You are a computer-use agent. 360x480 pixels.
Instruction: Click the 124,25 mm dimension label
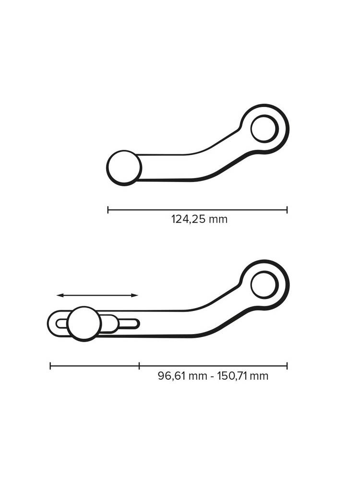pyautogui.click(x=199, y=219)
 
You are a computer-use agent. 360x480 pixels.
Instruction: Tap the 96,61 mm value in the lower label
pyautogui.click(x=182, y=376)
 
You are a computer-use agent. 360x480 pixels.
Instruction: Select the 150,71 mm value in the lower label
pyautogui.click(x=243, y=376)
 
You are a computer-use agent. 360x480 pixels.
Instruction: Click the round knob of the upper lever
pyautogui.click(x=124, y=168)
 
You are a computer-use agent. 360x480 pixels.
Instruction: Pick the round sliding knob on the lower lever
pyautogui.click(x=84, y=324)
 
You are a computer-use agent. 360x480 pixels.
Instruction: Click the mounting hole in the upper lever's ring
pyautogui.click(x=264, y=129)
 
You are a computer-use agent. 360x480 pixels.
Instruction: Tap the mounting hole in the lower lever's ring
pyautogui.click(x=264, y=285)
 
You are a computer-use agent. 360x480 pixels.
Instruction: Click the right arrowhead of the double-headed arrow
pyautogui.click(x=134, y=295)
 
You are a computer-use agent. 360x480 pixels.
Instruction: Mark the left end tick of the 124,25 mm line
pyautogui.click(x=108, y=210)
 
